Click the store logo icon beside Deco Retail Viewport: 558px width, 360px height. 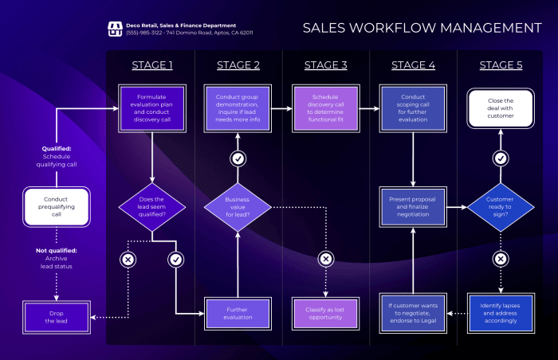click(x=114, y=29)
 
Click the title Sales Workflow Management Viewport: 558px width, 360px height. click(x=422, y=28)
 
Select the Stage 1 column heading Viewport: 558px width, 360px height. click(x=152, y=65)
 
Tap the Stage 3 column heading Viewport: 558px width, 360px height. click(x=326, y=65)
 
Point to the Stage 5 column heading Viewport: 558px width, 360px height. click(x=501, y=65)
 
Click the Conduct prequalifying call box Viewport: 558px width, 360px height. click(x=56, y=205)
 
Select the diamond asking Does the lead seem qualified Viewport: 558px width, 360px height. click(x=152, y=208)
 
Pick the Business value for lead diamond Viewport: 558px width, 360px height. click(x=238, y=208)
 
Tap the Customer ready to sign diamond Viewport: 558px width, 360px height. click(x=501, y=208)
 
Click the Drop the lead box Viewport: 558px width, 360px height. click(x=56, y=316)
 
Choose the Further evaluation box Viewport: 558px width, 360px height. click(x=238, y=312)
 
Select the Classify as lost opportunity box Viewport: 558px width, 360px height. click(x=325, y=312)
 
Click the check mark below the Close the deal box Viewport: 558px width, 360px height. click(x=501, y=158)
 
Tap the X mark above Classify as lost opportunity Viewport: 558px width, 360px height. click(x=325, y=259)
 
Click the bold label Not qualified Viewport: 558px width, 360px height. click(x=56, y=250)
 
